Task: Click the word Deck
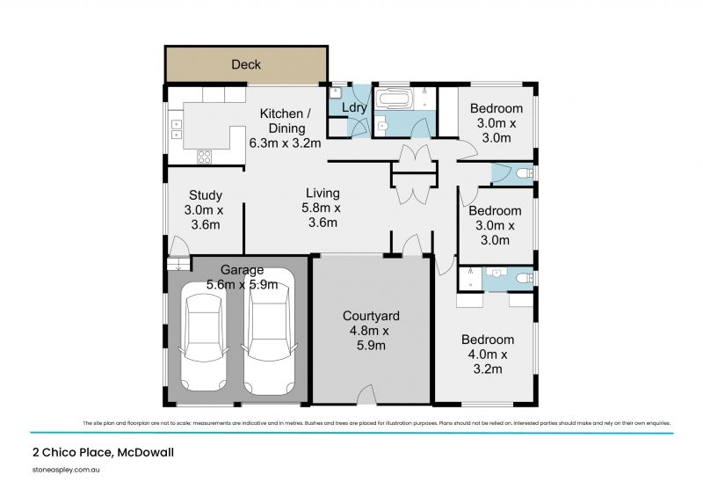(x=246, y=64)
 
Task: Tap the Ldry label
(x=353, y=108)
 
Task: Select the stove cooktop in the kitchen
(x=205, y=157)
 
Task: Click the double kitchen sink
(x=176, y=129)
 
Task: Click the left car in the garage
(x=203, y=341)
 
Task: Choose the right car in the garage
(x=268, y=341)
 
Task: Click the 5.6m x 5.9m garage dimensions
(x=242, y=284)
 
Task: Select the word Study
(x=205, y=195)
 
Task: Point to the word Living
(x=323, y=194)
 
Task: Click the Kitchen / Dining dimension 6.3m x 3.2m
(x=284, y=143)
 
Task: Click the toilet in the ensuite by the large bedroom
(x=525, y=278)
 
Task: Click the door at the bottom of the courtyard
(x=367, y=398)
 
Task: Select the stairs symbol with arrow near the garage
(x=178, y=263)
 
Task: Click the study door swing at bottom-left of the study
(x=178, y=245)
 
